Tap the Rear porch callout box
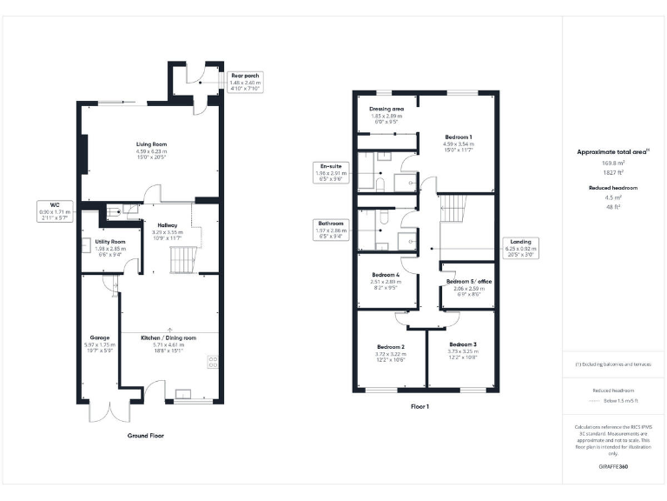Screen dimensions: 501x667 (x=246, y=82)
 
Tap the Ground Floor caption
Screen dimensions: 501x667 (x=145, y=435)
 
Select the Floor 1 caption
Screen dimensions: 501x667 (x=420, y=406)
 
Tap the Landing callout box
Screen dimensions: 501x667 (x=522, y=247)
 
